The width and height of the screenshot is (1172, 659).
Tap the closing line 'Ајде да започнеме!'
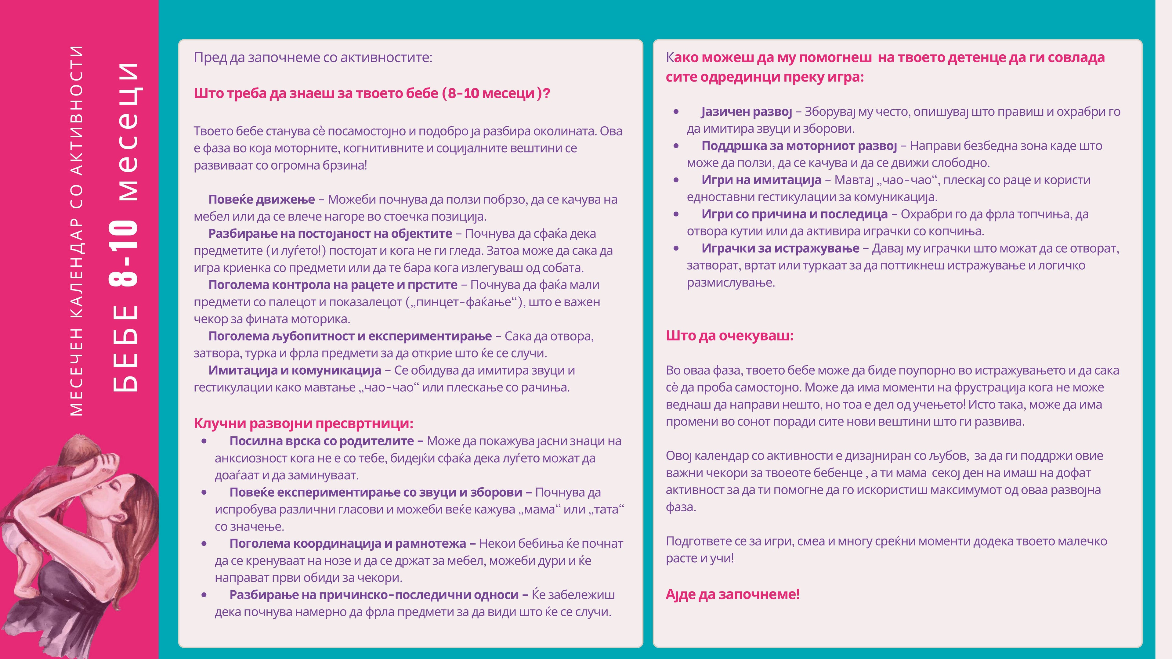[733, 594]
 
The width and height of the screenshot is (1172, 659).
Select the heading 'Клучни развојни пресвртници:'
[303, 423]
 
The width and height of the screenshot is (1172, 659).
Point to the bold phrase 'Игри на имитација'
[761, 180]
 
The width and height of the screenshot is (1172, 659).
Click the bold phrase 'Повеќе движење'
[262, 200]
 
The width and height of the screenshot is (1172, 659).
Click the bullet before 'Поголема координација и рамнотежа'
[204, 543]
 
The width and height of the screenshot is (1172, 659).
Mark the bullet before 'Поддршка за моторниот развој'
[676, 146]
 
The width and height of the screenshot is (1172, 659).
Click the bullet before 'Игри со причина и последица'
[676, 214]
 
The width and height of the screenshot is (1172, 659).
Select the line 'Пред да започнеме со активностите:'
[313, 58]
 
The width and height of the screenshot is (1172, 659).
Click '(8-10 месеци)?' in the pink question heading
[496, 94]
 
